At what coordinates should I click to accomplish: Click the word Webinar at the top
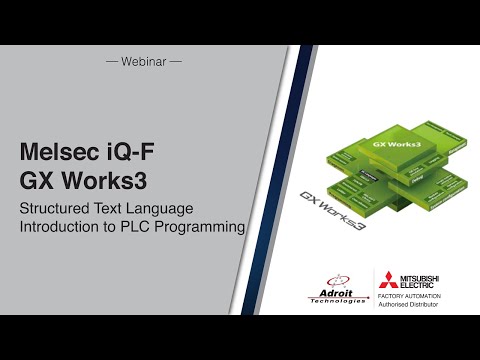pyautogui.click(x=144, y=61)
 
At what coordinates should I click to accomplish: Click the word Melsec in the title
pyautogui.click(x=57, y=152)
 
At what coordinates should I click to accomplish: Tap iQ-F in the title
pyautogui.click(x=128, y=152)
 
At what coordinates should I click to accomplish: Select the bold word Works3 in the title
pyautogui.click(x=108, y=181)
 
